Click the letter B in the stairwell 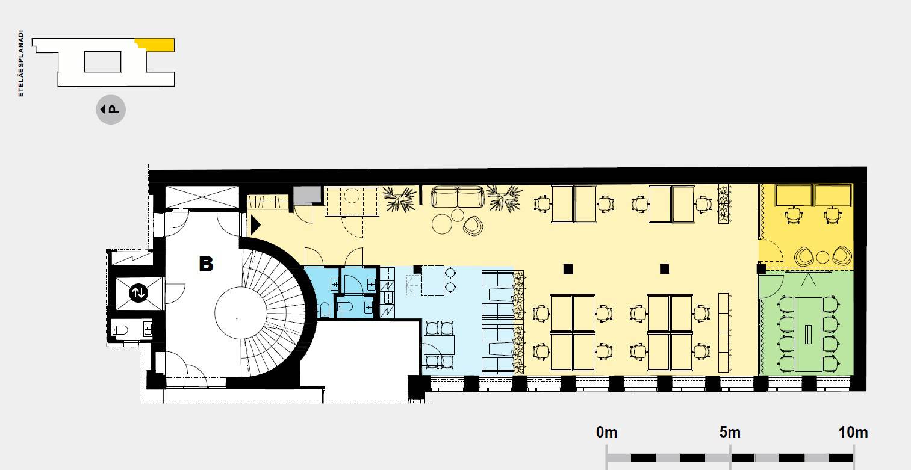pyautogui.click(x=206, y=264)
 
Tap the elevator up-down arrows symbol pyautogui.click(x=138, y=292)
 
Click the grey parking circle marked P pyautogui.click(x=111, y=110)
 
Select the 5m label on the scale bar pyautogui.click(x=730, y=432)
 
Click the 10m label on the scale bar pyautogui.click(x=853, y=432)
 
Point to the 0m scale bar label pyautogui.click(x=606, y=432)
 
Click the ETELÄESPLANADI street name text pyautogui.click(x=20, y=63)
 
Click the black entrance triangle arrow pyautogui.click(x=255, y=225)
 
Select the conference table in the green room pyautogui.click(x=809, y=334)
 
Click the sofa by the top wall pyautogui.click(x=458, y=197)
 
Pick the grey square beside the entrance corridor pyautogui.click(x=308, y=194)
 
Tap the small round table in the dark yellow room pyautogui.click(x=822, y=257)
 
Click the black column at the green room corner pyautogui.click(x=761, y=269)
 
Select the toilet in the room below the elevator pyautogui.click(x=120, y=329)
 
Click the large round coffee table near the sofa pyautogui.click(x=442, y=224)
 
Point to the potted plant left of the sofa pyautogui.click(x=400, y=199)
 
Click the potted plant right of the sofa pyautogui.click(x=504, y=199)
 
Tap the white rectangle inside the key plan pyautogui.click(x=102, y=62)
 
